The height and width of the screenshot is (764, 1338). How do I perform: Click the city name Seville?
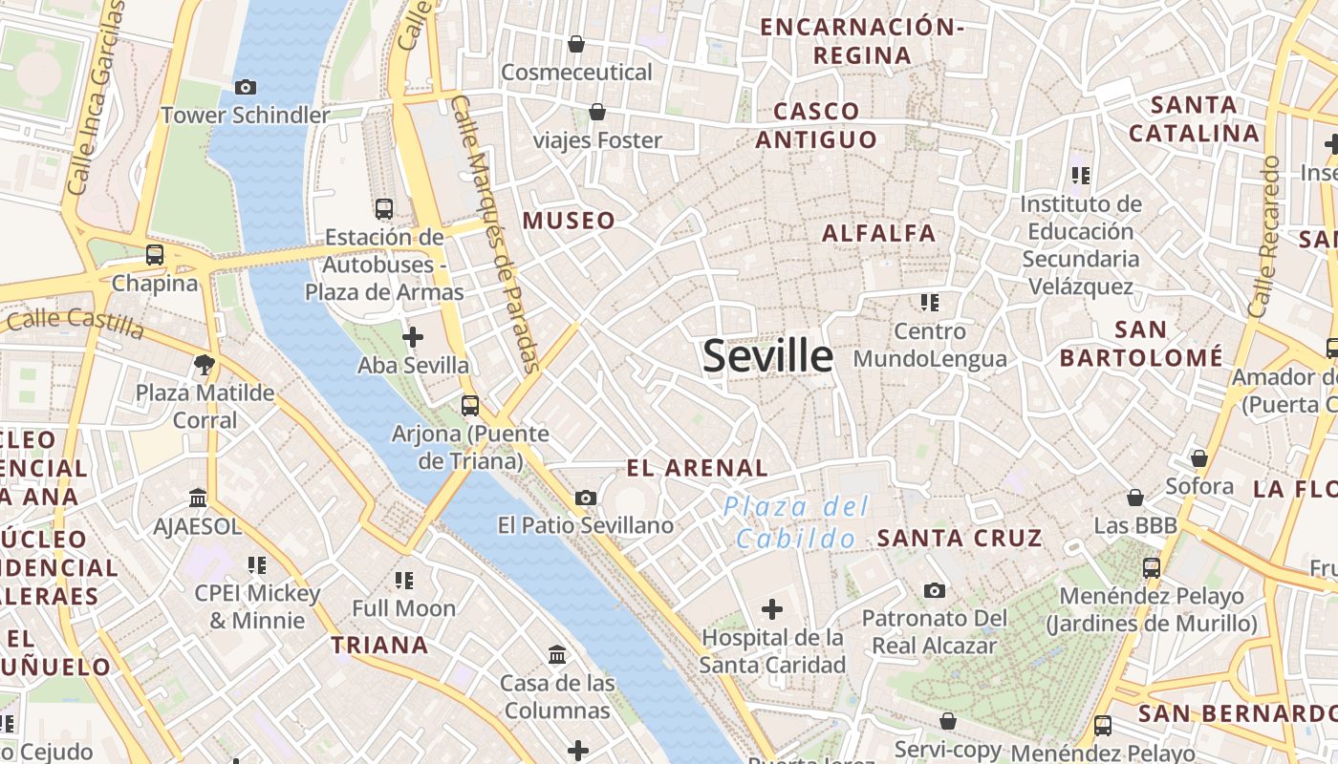pyautogui.click(x=767, y=355)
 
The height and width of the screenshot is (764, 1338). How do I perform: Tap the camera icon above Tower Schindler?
pyautogui.click(x=245, y=87)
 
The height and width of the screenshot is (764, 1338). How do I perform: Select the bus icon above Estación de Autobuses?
pyautogui.click(x=384, y=208)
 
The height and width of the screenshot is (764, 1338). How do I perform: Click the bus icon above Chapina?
pyautogui.click(x=154, y=255)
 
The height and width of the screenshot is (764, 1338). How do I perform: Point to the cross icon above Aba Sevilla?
pyautogui.click(x=413, y=337)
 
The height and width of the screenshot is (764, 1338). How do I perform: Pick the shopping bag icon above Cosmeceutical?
pyautogui.click(x=576, y=44)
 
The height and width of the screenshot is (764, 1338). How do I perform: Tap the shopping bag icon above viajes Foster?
pyautogui.click(x=597, y=113)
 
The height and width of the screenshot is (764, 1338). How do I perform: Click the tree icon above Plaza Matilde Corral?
pyautogui.click(x=204, y=364)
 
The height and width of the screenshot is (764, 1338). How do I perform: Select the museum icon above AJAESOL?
pyautogui.click(x=198, y=498)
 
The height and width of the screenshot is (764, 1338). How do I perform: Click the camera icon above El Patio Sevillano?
pyautogui.click(x=586, y=498)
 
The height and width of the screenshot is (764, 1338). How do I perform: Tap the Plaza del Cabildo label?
pyautogui.click(x=796, y=521)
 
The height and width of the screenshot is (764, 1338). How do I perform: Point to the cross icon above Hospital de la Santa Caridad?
pyautogui.click(x=772, y=608)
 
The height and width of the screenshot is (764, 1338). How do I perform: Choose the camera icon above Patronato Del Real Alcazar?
pyautogui.click(x=935, y=590)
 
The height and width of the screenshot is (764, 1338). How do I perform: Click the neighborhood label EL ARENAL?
pyautogui.click(x=697, y=468)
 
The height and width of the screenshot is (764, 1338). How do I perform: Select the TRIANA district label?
pyautogui.click(x=379, y=645)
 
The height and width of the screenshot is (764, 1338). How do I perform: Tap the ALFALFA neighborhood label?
pyautogui.click(x=878, y=233)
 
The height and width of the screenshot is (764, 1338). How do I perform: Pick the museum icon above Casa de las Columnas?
pyautogui.click(x=557, y=655)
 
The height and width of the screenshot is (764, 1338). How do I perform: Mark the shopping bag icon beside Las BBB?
pyautogui.click(x=1135, y=498)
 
